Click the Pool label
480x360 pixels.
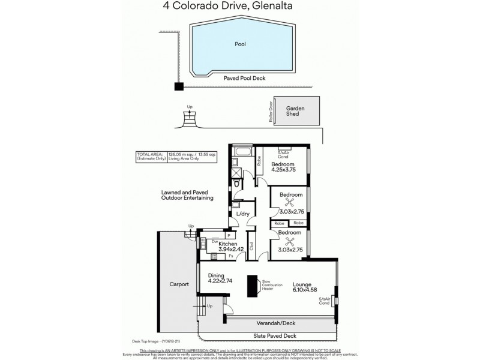pyautogui.click(x=240, y=44)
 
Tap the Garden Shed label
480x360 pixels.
pyautogui.click(x=295, y=112)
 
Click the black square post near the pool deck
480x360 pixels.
pyautogui.click(x=178, y=86)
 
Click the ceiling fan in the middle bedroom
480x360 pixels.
pyautogui.click(x=290, y=202)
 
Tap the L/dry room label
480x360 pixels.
pyautogui.click(x=243, y=214)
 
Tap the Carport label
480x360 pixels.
pyautogui.click(x=179, y=284)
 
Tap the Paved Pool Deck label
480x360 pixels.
pyautogui.click(x=244, y=78)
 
